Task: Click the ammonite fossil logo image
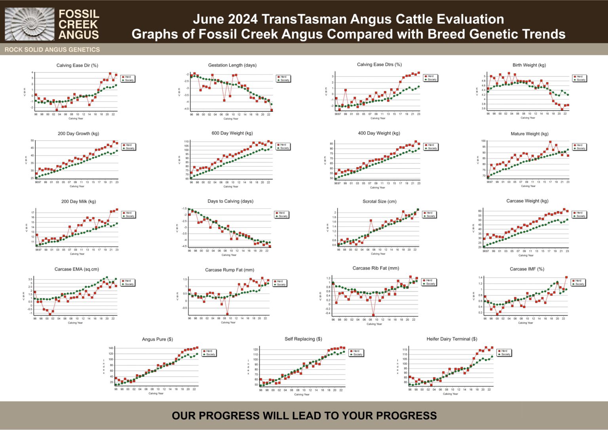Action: tap(29, 24)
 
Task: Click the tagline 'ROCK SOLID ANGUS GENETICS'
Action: tap(52, 49)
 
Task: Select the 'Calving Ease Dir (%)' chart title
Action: tap(77, 65)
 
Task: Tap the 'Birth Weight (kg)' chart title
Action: tap(529, 65)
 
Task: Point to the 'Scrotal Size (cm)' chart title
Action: tap(379, 201)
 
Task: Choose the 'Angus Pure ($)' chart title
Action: tap(157, 339)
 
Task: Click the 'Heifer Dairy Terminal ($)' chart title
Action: tap(452, 339)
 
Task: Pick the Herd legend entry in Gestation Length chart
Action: tap(283, 77)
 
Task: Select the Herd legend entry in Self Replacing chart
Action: tap(356, 351)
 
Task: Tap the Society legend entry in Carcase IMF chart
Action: tap(579, 284)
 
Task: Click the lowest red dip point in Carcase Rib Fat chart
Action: tap(373, 315)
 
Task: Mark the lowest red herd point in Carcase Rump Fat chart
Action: tap(227, 314)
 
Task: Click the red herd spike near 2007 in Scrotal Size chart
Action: tap(371, 221)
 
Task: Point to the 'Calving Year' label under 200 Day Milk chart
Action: tap(77, 254)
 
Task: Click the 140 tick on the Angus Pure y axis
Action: tap(111, 348)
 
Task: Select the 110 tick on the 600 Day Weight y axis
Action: tap(186, 141)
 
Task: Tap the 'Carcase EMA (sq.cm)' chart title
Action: tap(77, 269)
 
